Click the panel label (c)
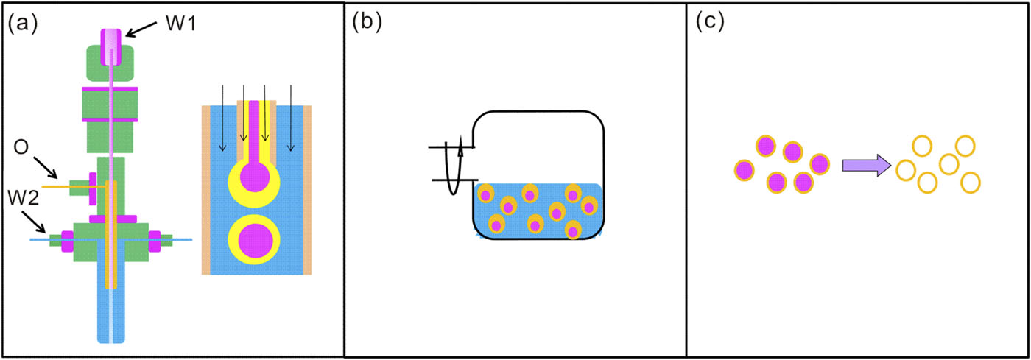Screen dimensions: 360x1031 (710, 24)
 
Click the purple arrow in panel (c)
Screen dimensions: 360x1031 (866, 166)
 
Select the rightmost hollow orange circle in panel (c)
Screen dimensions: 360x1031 (971, 181)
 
